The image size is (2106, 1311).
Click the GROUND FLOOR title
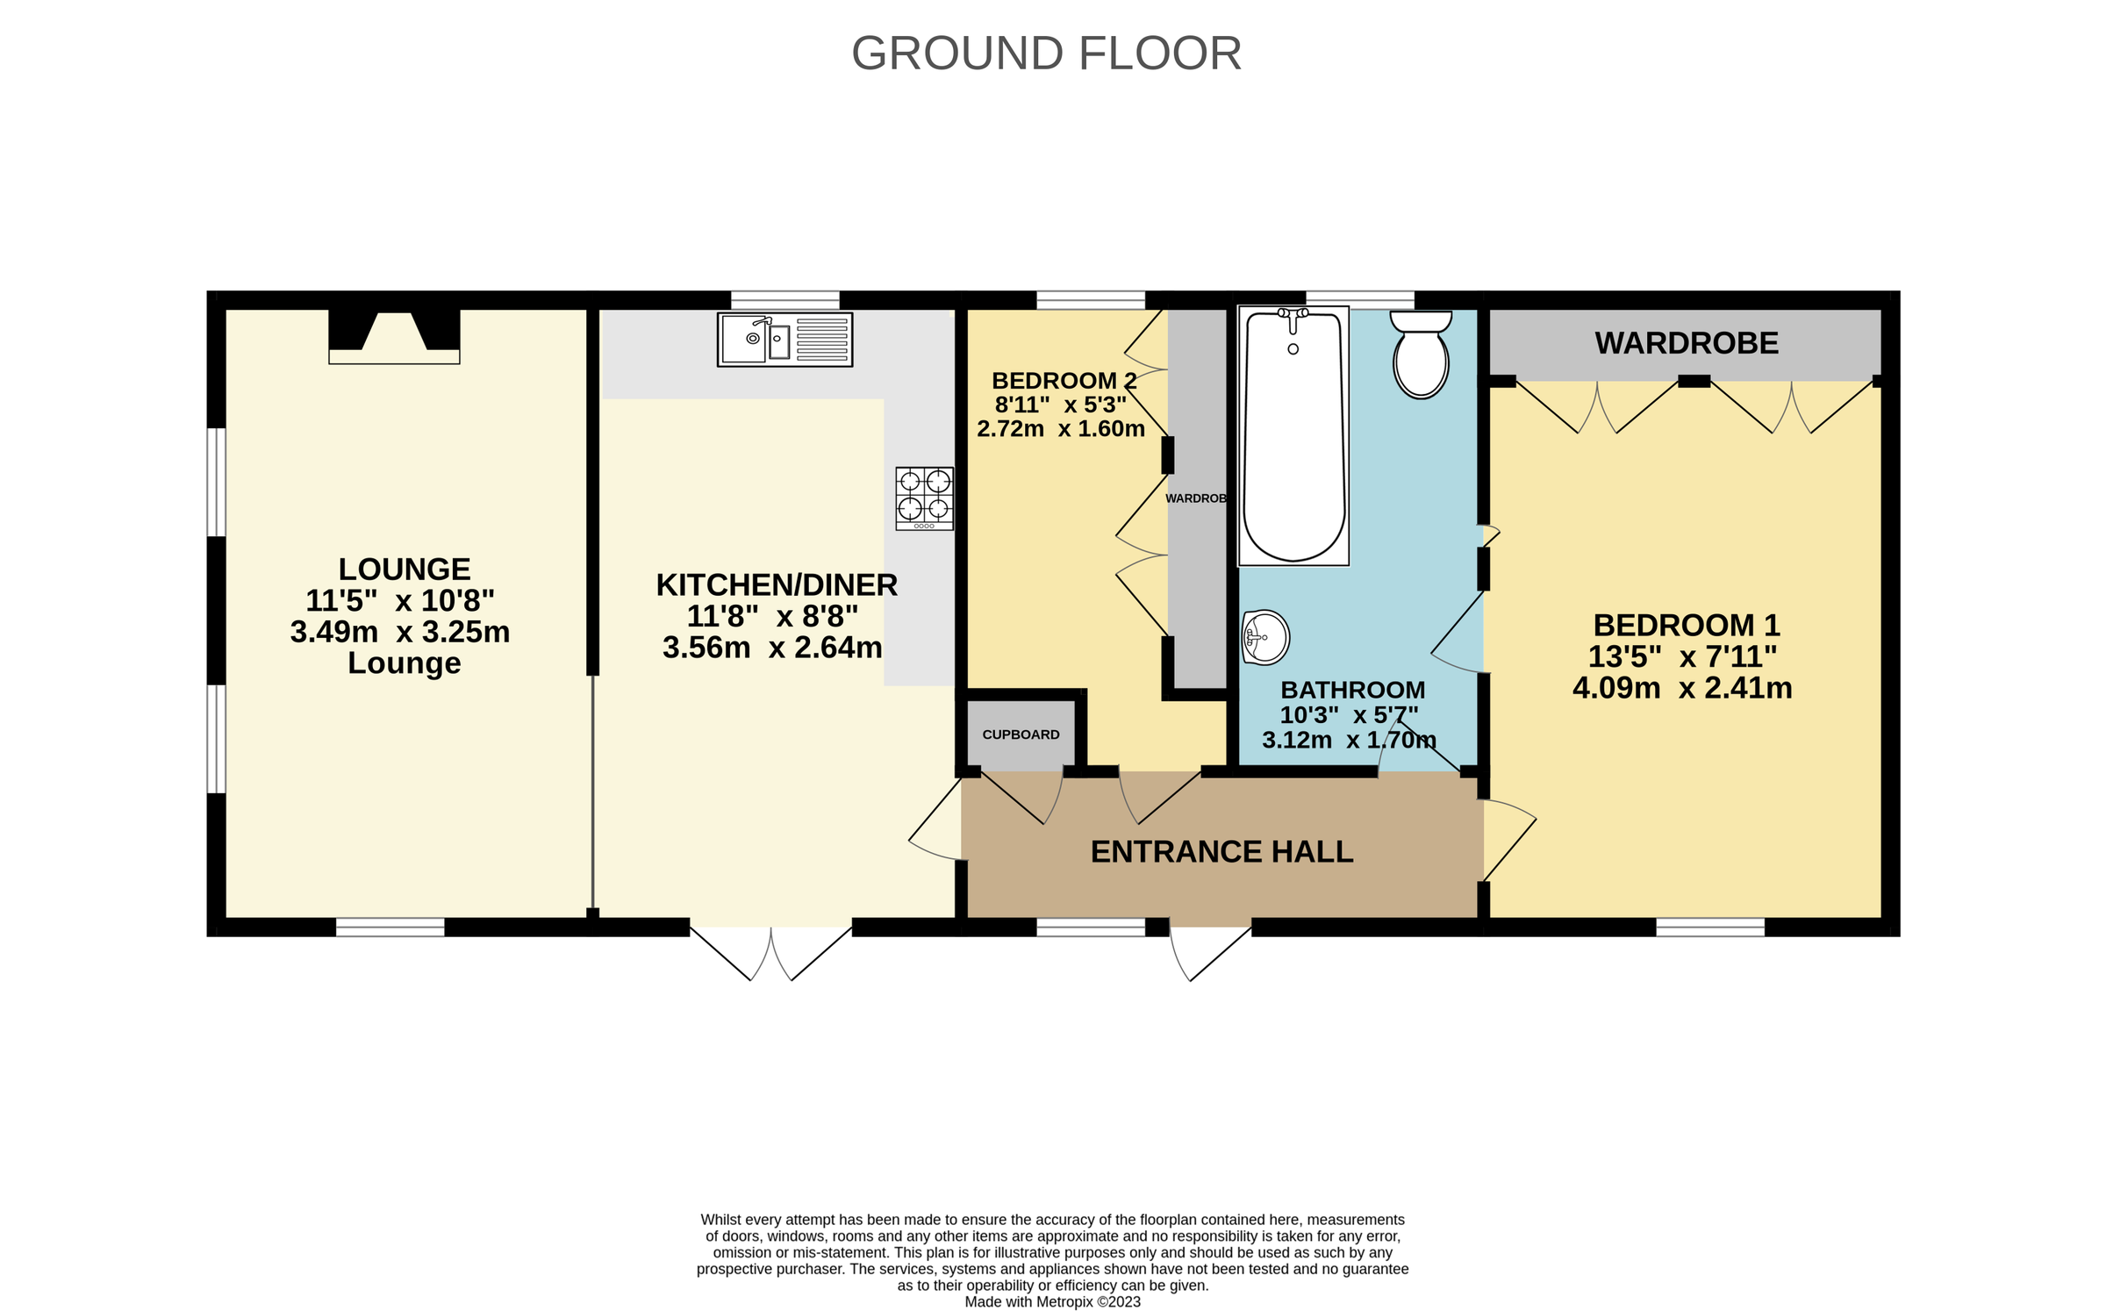click(x=1046, y=54)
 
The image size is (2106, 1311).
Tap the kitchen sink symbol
click(x=784, y=340)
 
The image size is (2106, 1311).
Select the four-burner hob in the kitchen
click(x=924, y=498)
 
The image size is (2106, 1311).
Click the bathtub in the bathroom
click(x=1293, y=436)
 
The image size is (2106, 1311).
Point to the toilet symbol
click(x=1420, y=355)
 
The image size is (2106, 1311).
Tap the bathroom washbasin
click(x=1265, y=637)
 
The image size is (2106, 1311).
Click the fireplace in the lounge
click(x=394, y=336)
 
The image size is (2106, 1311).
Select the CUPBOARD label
click(x=1021, y=734)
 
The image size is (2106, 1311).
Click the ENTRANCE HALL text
click(x=1221, y=852)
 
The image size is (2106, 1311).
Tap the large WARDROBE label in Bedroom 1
click(x=1686, y=343)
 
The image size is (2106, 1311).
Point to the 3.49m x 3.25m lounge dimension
click(x=400, y=632)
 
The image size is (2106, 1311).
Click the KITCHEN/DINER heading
click(x=777, y=585)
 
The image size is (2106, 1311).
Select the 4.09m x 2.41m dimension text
click(x=1682, y=688)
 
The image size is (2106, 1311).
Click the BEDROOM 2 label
click(x=1064, y=381)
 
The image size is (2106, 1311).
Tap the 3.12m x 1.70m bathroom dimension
click(x=1349, y=740)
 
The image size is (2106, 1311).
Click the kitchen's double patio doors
click(x=770, y=951)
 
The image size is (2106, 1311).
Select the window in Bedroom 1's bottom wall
click(x=1709, y=927)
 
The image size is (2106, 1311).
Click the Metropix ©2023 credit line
click(x=1052, y=1301)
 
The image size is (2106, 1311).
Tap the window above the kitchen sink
click(x=784, y=300)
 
